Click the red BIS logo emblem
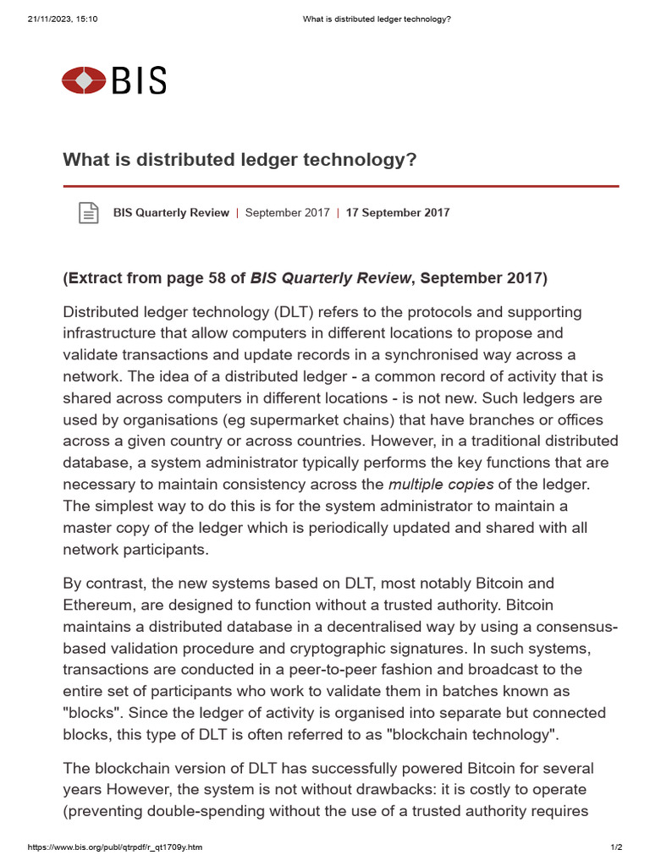pos(84,80)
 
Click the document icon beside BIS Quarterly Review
pos(88,213)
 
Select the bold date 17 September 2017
pos(398,213)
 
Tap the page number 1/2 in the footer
pos(616,847)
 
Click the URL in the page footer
pos(115,847)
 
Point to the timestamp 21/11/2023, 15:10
pos(63,19)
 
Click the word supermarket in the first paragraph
pos(299,419)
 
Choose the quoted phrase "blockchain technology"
pos(472,734)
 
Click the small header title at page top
pos(376,19)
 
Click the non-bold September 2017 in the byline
pos(287,213)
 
